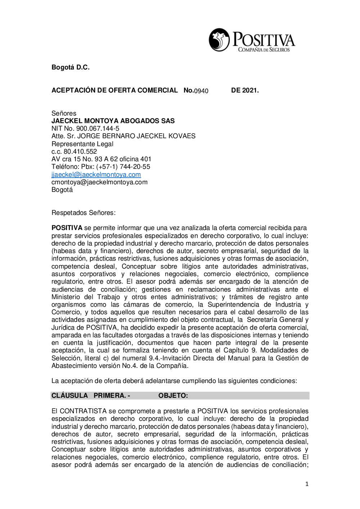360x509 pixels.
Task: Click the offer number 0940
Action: pyautogui.click(x=201, y=91)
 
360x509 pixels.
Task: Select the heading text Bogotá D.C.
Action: pyautogui.click(x=71, y=67)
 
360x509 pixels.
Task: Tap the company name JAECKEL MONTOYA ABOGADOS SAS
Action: pyautogui.click(x=113, y=121)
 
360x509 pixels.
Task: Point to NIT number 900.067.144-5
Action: pyautogui.click(x=98, y=129)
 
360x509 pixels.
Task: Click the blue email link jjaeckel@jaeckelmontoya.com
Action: pyautogui.click(x=96, y=175)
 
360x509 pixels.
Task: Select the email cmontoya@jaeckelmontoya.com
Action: pyautogui.click(x=99, y=182)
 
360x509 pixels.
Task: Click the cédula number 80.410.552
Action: pyautogui.click(x=80, y=152)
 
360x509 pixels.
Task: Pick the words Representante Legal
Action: pyautogui.click(x=82, y=144)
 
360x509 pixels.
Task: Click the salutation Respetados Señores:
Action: pyautogui.click(x=84, y=213)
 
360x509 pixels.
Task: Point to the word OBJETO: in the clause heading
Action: pyautogui.click(x=173, y=396)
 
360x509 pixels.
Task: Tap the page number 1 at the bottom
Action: pyautogui.click(x=307, y=484)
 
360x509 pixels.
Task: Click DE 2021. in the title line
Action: pyautogui.click(x=245, y=90)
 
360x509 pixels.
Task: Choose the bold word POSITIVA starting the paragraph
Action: pyautogui.click(x=67, y=228)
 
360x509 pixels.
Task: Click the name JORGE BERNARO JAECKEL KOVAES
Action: pyautogui.click(x=136, y=136)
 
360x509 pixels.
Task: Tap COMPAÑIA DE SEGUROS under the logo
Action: pyautogui.click(x=264, y=50)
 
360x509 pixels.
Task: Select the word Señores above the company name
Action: pyautogui.click(x=64, y=113)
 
